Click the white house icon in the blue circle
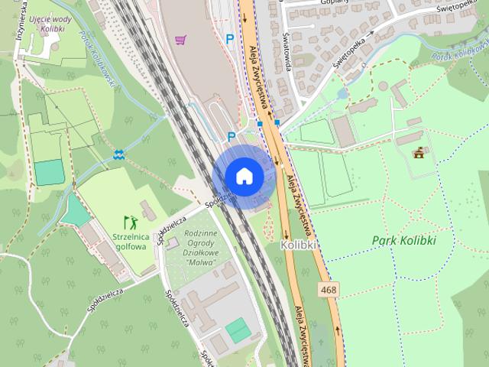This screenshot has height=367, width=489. [244, 176]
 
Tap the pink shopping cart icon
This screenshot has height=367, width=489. [180, 39]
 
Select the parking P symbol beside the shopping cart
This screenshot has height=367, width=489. [229, 38]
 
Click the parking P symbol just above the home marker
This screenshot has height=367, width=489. [232, 136]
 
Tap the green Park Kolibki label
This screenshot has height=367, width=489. [403, 240]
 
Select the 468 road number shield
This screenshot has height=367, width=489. [329, 290]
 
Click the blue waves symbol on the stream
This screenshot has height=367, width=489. [118, 155]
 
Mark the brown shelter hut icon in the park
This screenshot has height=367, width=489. [419, 153]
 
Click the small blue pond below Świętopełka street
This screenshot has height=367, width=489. [342, 93]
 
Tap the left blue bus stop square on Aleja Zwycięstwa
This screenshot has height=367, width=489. [260, 123]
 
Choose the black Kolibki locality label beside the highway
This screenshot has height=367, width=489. [298, 245]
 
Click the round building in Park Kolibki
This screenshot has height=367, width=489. [383, 86]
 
